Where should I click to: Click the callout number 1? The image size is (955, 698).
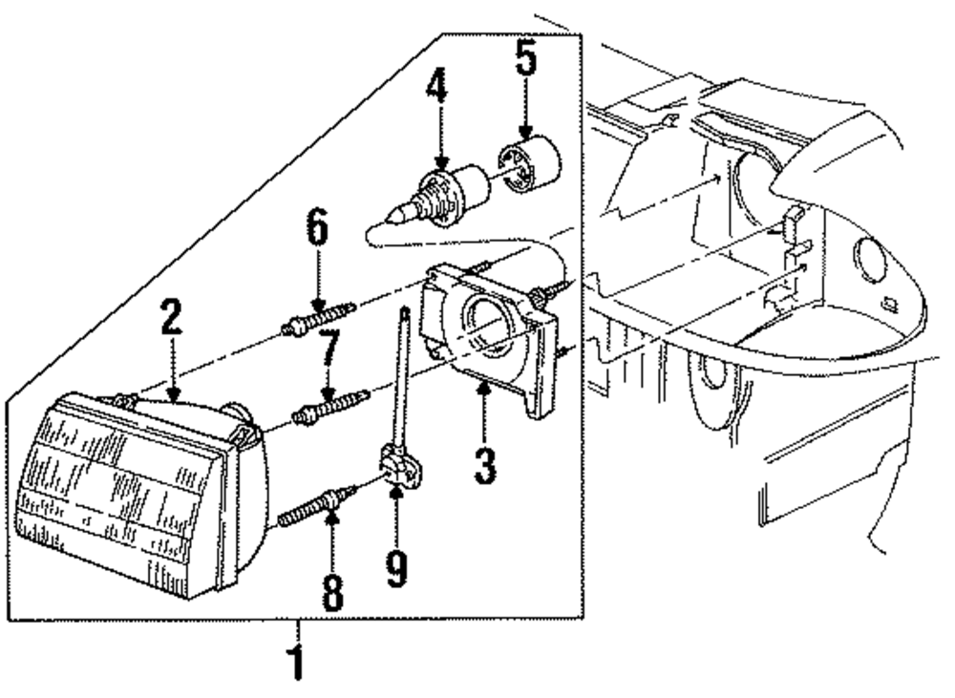point(299,659)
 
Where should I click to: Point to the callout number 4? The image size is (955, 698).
point(437,86)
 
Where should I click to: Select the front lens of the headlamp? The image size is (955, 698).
point(115,487)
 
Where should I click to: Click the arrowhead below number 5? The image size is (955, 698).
point(525,137)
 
